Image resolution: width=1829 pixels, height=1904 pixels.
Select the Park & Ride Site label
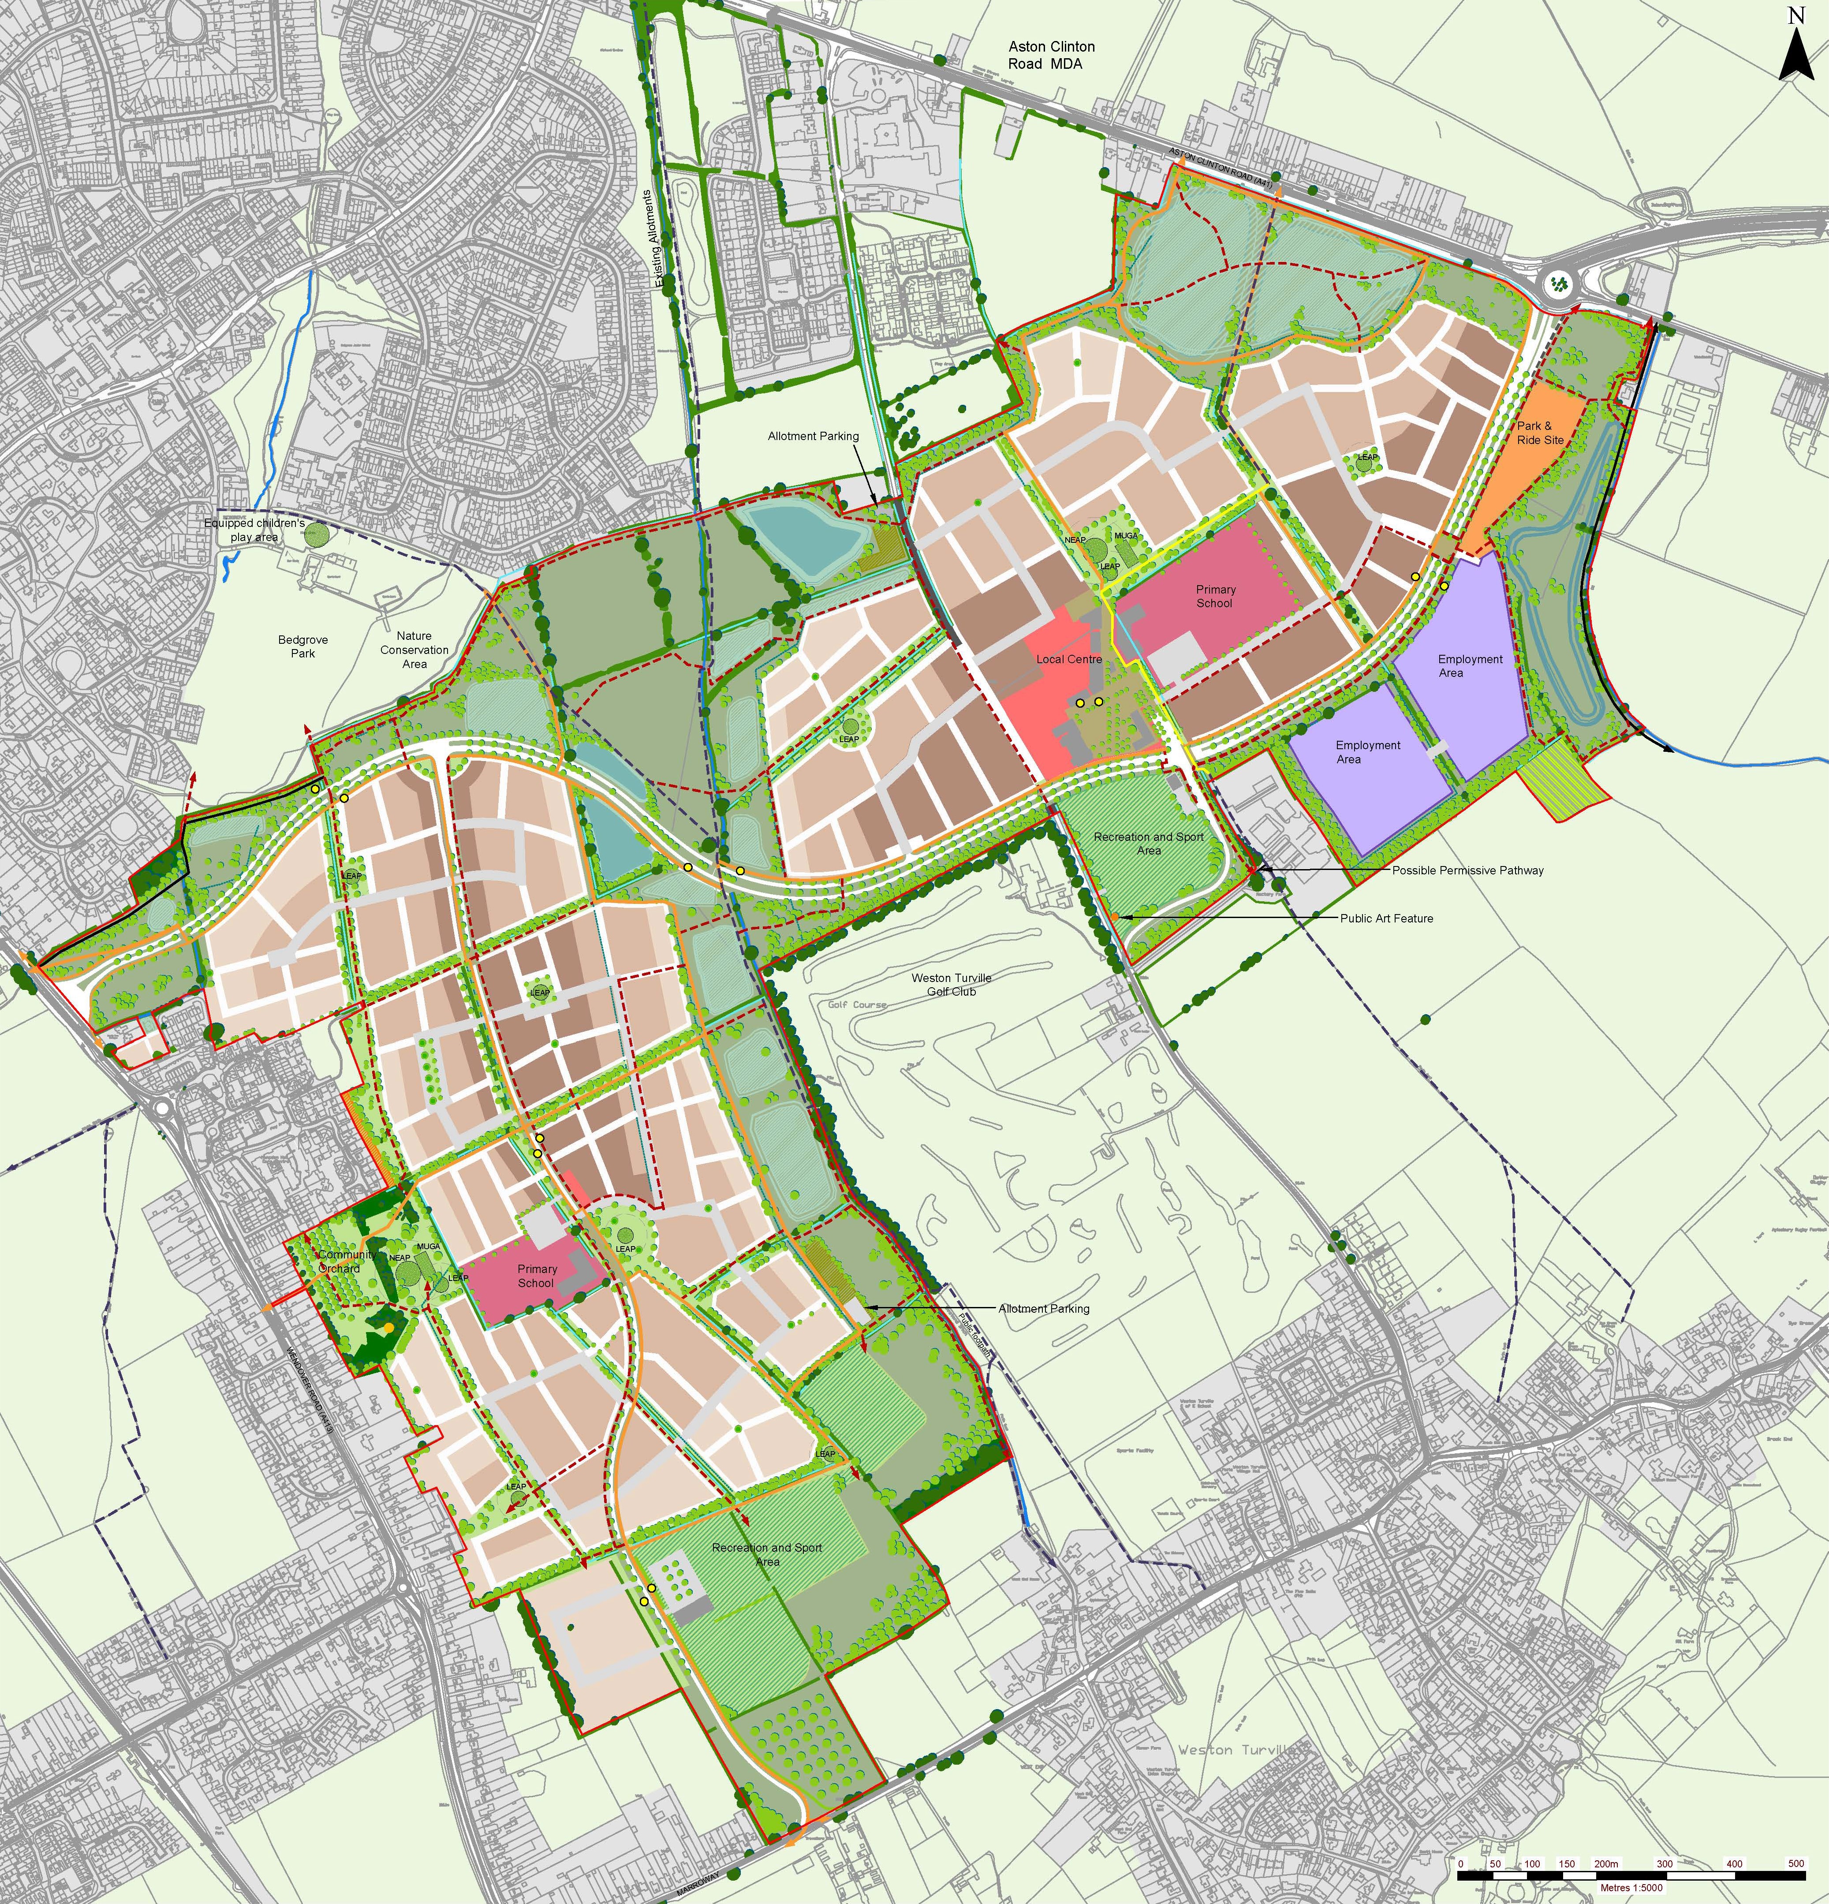pos(1541,432)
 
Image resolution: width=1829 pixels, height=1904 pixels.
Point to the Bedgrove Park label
pos(303,646)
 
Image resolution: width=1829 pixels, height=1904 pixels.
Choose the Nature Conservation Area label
pos(415,650)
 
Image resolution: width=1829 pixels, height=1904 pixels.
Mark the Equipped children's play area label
pos(254,530)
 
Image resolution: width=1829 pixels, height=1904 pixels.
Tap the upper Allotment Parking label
pos(813,436)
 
